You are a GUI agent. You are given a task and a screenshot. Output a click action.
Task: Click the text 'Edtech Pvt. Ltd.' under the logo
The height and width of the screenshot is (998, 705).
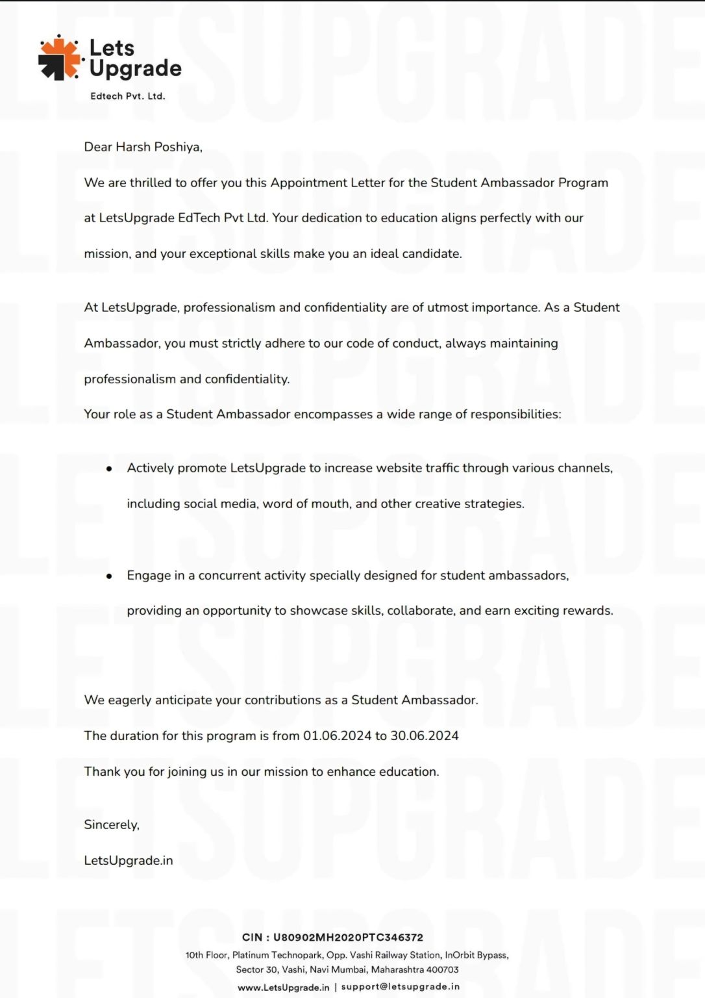128,96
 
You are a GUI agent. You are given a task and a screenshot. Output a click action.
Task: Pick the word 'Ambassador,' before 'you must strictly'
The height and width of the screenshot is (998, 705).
122,343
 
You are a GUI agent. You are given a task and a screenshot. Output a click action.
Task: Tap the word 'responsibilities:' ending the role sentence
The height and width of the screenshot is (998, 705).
515,414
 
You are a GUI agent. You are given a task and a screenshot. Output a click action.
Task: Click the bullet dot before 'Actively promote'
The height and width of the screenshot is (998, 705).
109,468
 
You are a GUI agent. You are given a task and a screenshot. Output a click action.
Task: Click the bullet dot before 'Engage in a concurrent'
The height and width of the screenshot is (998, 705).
109,576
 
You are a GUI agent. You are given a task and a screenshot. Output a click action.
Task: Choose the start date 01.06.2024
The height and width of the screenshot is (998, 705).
337,736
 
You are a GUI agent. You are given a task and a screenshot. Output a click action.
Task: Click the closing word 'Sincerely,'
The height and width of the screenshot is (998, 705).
112,825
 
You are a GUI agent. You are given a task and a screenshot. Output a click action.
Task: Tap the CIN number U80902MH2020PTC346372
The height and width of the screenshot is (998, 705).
348,938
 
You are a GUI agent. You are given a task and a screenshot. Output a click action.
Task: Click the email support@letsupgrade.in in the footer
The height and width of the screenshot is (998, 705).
400,986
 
